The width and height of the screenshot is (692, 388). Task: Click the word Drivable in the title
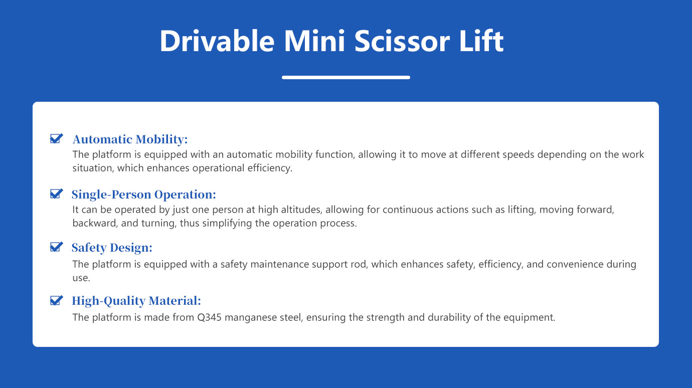click(217, 41)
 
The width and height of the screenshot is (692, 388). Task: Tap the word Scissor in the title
click(402, 41)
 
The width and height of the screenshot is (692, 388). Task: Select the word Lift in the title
click(481, 41)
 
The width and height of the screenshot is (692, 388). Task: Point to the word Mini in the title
click(314, 41)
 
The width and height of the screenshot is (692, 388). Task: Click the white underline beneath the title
click(346, 78)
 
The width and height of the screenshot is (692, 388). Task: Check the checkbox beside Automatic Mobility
click(56, 138)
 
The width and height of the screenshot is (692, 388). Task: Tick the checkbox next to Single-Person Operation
click(56, 193)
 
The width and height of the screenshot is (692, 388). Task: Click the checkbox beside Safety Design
click(56, 247)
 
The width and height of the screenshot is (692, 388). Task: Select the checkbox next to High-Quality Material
click(56, 300)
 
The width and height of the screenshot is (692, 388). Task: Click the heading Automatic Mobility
click(130, 139)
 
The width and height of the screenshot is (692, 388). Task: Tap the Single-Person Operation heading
click(143, 195)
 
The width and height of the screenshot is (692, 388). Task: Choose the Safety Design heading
click(112, 248)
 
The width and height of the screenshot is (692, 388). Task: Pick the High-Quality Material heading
click(136, 301)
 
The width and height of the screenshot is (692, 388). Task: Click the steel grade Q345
click(209, 317)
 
